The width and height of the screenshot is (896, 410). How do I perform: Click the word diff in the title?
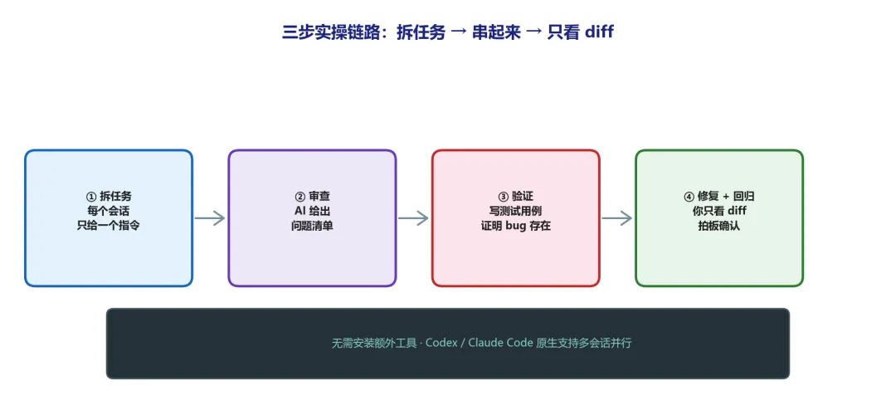[x=599, y=32]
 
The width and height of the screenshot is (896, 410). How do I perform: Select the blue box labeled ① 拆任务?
[x=109, y=218]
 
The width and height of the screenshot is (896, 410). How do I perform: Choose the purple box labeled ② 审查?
[x=312, y=218]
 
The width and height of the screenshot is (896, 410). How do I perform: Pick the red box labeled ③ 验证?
[x=516, y=218]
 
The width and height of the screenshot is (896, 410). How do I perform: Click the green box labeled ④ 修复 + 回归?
[x=719, y=218]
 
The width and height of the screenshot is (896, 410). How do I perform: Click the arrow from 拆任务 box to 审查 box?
[x=210, y=218]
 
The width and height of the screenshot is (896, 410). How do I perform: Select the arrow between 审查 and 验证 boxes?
[x=413, y=218]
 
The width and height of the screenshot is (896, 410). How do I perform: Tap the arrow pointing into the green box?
[x=617, y=218]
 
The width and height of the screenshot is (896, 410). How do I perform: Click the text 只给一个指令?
[x=109, y=226]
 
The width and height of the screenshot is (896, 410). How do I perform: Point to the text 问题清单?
[x=312, y=226]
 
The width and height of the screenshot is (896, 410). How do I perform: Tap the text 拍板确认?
[x=718, y=226]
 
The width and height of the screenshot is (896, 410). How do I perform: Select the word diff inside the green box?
[x=738, y=211]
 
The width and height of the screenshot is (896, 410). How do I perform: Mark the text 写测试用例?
[x=516, y=211]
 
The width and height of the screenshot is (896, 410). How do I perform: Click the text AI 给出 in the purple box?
[x=312, y=211]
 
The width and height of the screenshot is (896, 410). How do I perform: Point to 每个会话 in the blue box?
[x=109, y=211]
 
